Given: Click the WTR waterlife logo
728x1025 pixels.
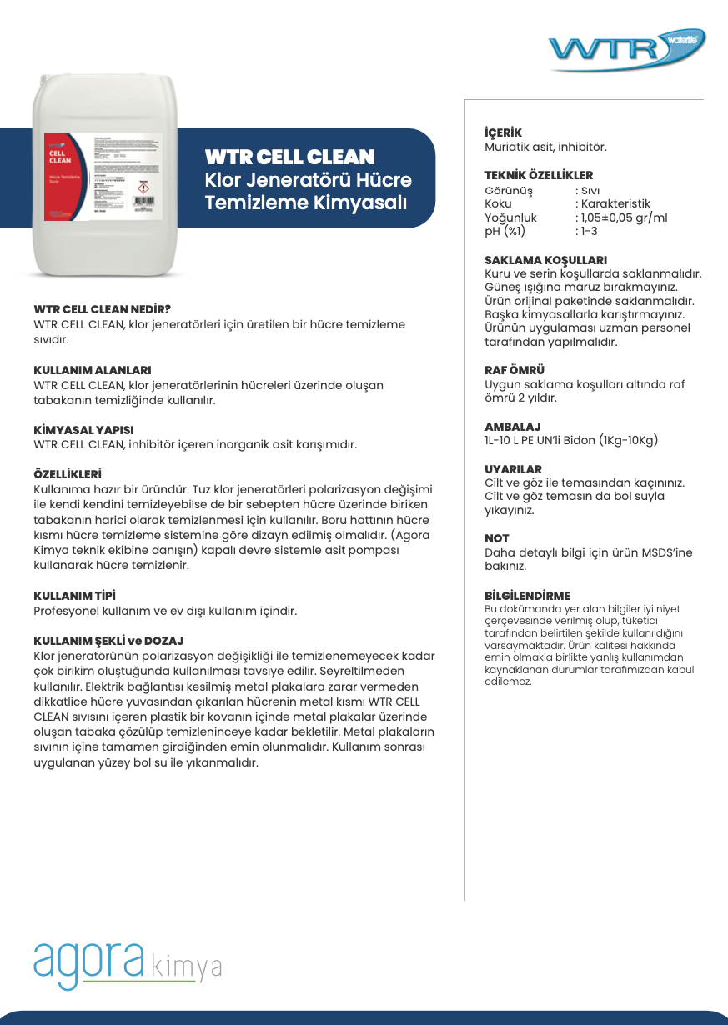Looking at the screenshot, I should (x=626, y=49).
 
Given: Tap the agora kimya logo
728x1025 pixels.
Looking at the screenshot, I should (x=128, y=964).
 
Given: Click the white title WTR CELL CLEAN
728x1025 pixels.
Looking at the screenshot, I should (x=289, y=157).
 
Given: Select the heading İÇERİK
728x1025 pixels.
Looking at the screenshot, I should (x=503, y=133).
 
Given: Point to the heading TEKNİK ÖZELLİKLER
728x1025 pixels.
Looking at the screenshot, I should (x=539, y=176).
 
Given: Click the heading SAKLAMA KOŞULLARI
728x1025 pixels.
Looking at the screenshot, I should (x=545, y=260).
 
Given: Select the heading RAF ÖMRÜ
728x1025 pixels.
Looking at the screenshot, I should (x=515, y=370).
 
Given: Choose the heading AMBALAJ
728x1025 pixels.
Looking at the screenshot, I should (x=513, y=427).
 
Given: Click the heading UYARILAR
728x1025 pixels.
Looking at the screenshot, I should (x=513, y=469).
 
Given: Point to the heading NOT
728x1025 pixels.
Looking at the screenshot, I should (x=497, y=539).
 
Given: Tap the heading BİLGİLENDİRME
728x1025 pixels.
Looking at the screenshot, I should (x=527, y=596).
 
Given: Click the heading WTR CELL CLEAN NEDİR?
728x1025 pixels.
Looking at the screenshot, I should (x=102, y=309).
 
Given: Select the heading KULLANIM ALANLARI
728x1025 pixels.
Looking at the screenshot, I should (x=92, y=370).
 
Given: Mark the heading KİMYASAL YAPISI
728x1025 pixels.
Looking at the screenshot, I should (x=83, y=430).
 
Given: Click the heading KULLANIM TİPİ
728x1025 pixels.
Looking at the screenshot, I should (x=74, y=596).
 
